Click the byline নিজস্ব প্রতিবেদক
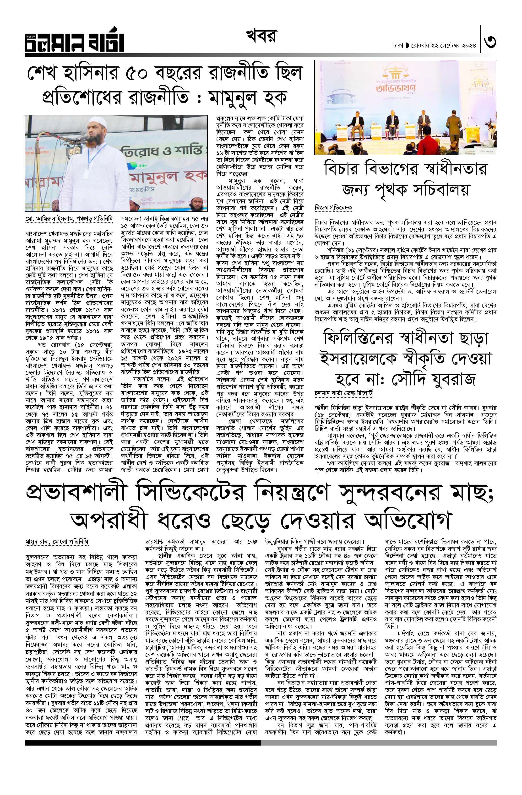(x=333, y=207)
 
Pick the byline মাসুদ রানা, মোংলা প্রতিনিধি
(x=57, y=542)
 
